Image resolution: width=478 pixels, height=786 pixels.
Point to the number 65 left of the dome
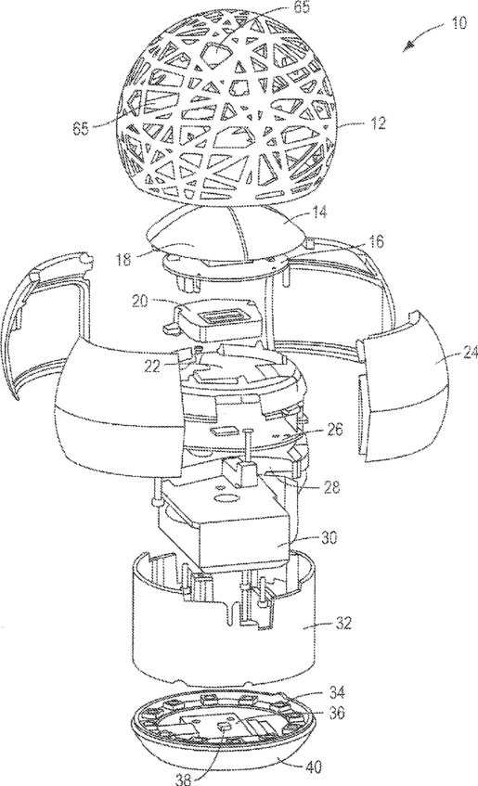pos(83,128)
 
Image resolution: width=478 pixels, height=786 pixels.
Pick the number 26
pos(333,430)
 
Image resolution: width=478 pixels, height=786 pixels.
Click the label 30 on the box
pos(329,538)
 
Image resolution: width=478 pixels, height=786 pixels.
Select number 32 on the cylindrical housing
pos(344,623)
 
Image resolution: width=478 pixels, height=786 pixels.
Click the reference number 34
pos(337,693)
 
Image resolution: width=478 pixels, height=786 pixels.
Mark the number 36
pos(337,713)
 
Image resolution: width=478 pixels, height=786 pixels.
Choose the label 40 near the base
pos(312,767)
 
